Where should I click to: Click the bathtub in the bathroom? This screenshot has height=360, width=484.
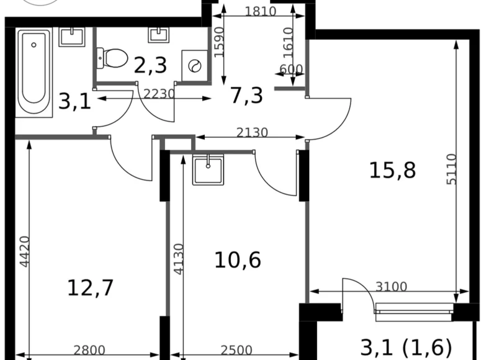(34, 72)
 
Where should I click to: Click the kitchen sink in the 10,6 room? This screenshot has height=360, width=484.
(208, 170)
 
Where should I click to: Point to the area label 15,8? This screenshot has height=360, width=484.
(392, 169)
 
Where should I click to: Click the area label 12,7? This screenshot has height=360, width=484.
(91, 287)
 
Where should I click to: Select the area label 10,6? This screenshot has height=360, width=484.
(237, 259)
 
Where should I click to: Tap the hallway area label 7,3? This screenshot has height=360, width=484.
(246, 96)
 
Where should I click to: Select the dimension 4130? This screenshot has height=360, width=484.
(179, 259)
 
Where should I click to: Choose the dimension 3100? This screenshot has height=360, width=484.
(391, 286)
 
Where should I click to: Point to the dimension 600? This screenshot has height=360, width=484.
(290, 70)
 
